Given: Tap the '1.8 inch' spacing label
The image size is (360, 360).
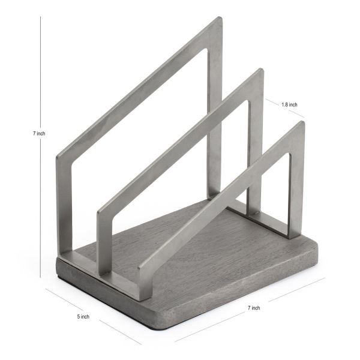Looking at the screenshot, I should tap(289, 104).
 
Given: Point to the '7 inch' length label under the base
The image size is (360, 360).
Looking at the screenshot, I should tap(253, 308).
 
